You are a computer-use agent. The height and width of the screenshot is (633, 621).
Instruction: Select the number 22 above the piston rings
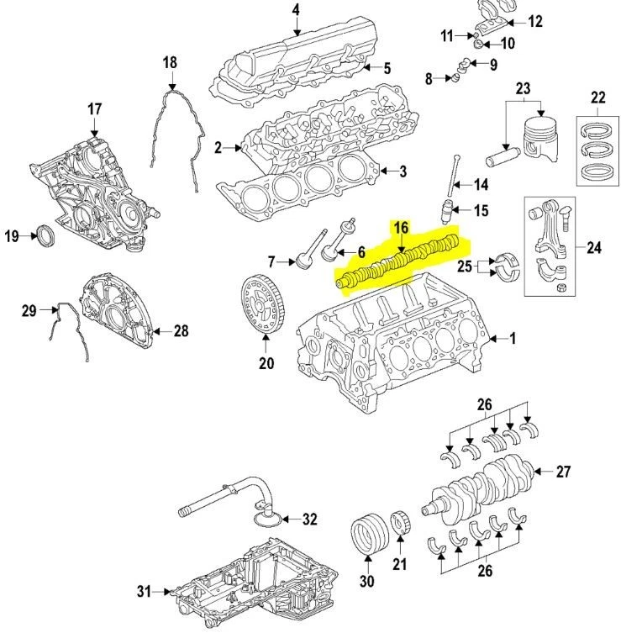[x=597, y=98]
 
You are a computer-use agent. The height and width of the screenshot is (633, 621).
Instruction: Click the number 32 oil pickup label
[x=309, y=519]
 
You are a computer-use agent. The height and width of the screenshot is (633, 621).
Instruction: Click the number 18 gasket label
[x=170, y=62]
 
